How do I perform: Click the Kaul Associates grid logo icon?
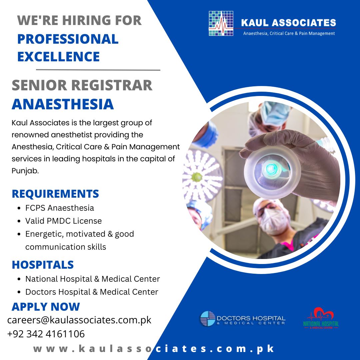(x=221, y=23)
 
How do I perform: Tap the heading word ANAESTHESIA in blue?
(x=63, y=104)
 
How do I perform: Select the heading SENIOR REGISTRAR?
(x=82, y=85)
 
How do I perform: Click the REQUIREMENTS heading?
(x=55, y=194)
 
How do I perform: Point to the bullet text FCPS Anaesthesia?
(x=59, y=208)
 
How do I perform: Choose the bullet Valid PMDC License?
(x=63, y=221)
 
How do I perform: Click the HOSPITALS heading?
(x=43, y=265)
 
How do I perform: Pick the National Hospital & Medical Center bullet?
(x=93, y=279)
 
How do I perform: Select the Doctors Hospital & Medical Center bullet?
(x=92, y=292)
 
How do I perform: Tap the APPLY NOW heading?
(x=46, y=307)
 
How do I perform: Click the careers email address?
(x=79, y=320)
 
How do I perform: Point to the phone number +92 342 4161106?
(x=46, y=334)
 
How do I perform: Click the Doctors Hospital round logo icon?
(x=208, y=318)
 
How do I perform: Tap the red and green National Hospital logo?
(x=321, y=318)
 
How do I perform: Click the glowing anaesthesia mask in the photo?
(x=272, y=172)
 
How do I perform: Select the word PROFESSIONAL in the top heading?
(x=68, y=39)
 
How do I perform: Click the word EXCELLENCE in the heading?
(x=59, y=56)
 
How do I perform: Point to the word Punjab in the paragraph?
(x=25, y=171)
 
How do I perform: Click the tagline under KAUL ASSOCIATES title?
(x=289, y=34)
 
